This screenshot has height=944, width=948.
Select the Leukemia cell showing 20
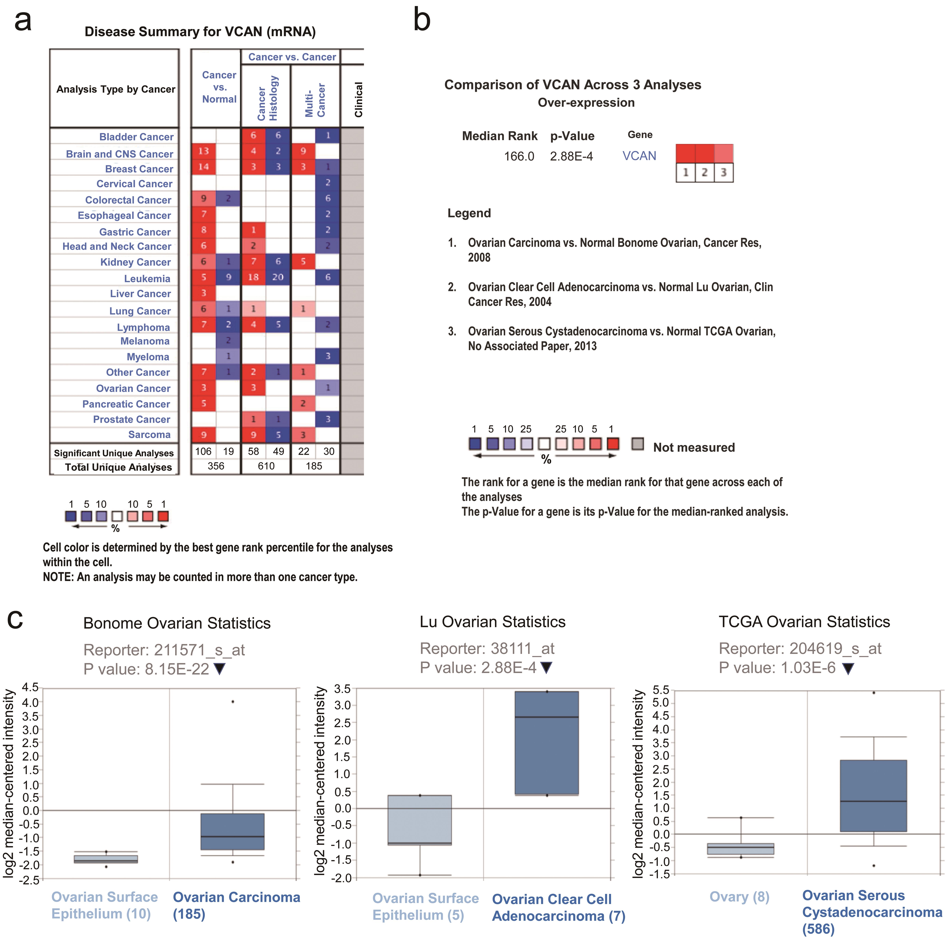pos(278,277)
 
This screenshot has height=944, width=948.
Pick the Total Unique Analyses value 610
pos(266,466)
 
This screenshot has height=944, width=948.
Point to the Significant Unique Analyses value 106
pos(203,451)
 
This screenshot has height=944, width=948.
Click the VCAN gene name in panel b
pos(639,156)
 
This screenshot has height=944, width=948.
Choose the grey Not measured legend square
pos(637,444)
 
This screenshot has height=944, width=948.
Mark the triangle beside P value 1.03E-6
pos(848,668)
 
